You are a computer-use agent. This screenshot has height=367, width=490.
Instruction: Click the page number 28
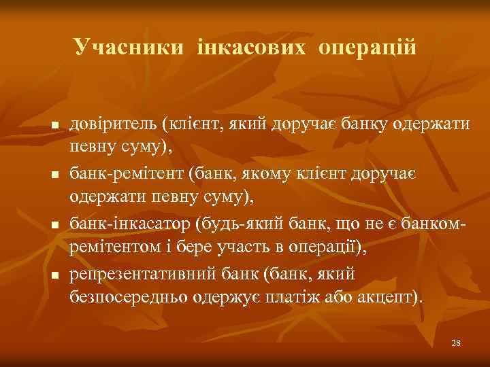456,343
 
